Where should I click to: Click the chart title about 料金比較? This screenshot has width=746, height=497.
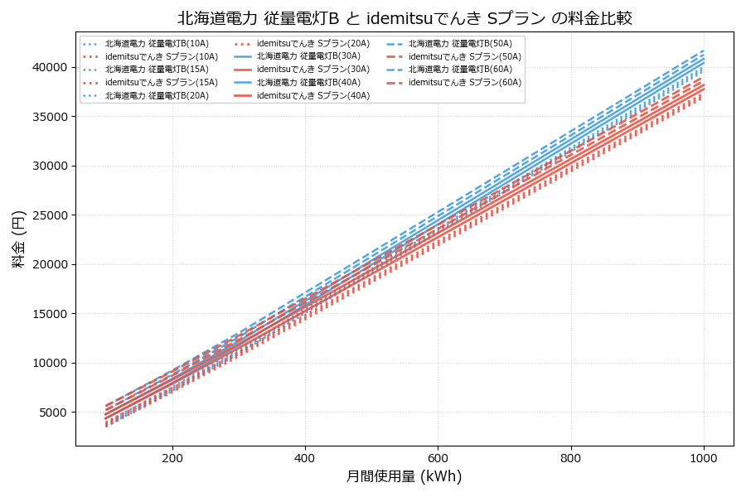[x=404, y=18]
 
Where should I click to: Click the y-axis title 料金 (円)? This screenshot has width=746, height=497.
[x=18, y=239]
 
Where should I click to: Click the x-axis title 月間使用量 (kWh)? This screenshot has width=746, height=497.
[x=404, y=476]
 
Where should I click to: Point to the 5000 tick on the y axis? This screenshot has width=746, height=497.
[x=51, y=413]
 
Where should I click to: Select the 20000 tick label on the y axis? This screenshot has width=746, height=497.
[x=48, y=264]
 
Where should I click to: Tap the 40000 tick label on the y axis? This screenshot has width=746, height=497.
[x=48, y=67]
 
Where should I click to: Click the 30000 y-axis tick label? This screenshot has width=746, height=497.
[x=48, y=166]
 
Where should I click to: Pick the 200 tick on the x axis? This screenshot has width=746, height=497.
[x=172, y=457]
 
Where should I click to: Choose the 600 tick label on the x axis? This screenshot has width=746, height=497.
[x=438, y=457]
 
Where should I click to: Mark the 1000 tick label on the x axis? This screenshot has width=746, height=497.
[x=704, y=457]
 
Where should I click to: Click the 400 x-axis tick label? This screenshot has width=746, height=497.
[x=305, y=457]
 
